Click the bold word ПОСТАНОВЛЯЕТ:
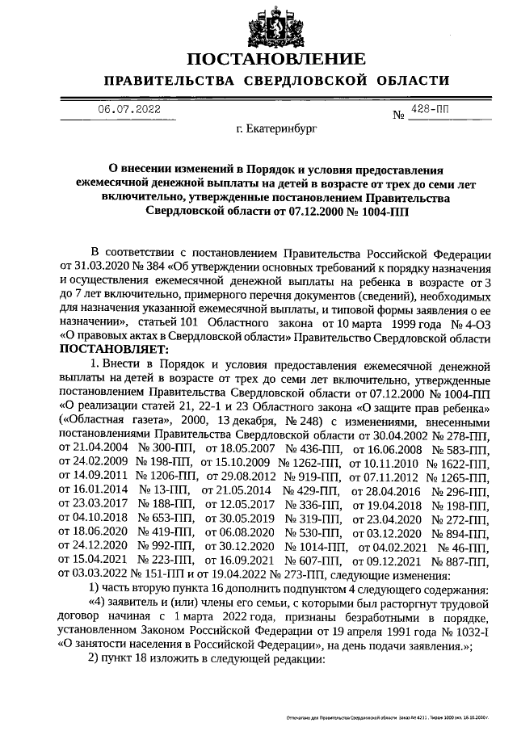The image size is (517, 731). pyautogui.click(x=115, y=350)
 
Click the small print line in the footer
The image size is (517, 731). pyautogui.click(x=388, y=716)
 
